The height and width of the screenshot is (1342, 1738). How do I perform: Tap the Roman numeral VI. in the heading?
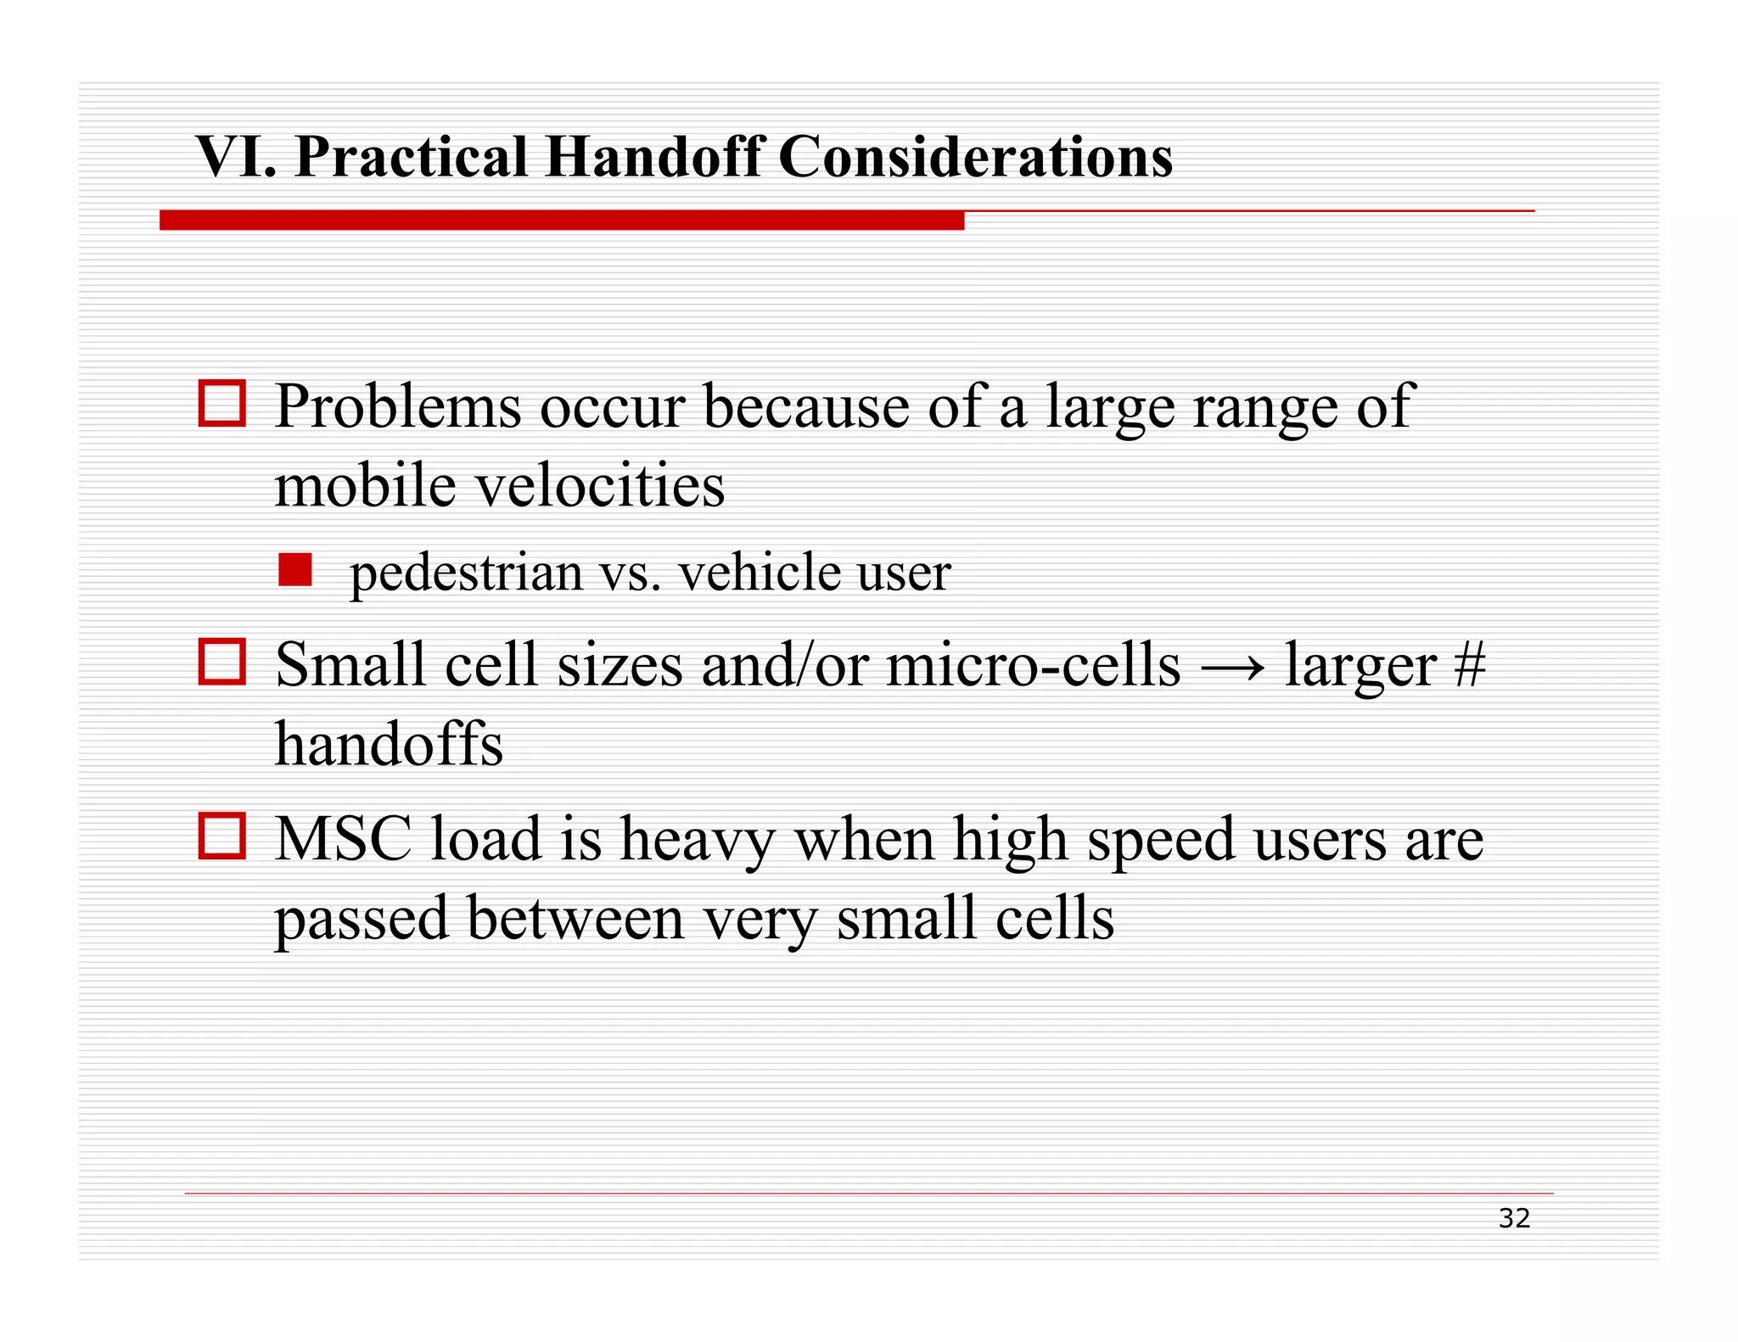(x=236, y=157)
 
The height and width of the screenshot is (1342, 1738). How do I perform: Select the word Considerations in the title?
(x=975, y=157)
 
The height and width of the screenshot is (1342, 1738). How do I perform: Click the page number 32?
(x=1514, y=1218)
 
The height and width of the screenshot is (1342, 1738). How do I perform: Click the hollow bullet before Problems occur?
(x=222, y=403)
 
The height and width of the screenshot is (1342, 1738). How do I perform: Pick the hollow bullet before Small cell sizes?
(x=222, y=662)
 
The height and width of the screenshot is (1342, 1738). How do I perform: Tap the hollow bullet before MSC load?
(x=222, y=836)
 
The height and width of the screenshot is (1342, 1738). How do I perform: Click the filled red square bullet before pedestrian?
(x=295, y=570)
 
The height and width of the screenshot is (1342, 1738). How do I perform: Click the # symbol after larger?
(x=1469, y=665)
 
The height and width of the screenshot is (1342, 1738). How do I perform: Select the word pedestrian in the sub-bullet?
(x=466, y=573)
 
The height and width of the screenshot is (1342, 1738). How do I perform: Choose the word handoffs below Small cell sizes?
(x=389, y=744)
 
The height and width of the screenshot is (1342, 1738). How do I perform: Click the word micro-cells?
(x=1033, y=665)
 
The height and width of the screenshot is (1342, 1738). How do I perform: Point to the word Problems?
(x=398, y=406)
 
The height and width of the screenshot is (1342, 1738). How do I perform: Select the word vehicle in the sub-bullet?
(x=749, y=573)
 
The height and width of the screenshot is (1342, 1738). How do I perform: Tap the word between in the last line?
(x=575, y=919)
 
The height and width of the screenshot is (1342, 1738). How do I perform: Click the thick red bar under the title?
(x=562, y=221)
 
